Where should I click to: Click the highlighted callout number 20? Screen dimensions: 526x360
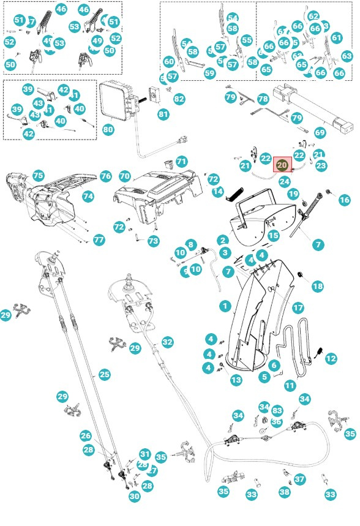(282, 164)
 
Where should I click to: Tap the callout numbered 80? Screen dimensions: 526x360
(108, 130)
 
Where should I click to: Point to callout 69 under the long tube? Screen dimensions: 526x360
(320, 132)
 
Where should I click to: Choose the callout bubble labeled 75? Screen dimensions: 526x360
(38, 175)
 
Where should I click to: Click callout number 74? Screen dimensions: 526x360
(88, 197)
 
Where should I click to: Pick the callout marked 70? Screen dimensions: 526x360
(125, 176)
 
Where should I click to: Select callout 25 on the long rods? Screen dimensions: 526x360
(104, 374)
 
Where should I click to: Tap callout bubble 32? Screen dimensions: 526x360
(167, 342)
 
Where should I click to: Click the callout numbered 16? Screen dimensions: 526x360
(344, 200)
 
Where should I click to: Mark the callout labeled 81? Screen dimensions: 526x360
(163, 115)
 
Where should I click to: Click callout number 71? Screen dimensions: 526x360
(182, 161)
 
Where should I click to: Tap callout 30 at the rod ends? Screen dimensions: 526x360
(135, 497)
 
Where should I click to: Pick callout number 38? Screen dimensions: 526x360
(285, 491)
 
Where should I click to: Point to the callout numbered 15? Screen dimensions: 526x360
(273, 235)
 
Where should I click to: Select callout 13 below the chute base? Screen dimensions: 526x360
(236, 380)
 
